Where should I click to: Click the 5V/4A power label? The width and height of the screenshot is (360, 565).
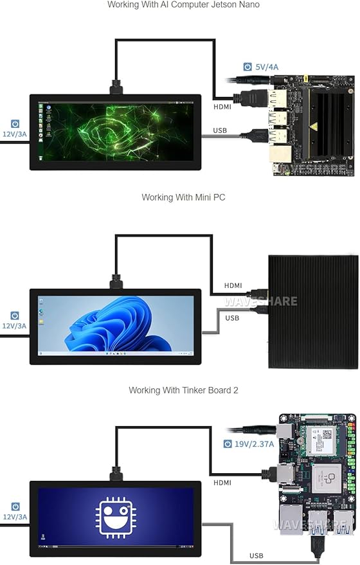click(x=267, y=67)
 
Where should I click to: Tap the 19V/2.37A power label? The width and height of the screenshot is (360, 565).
click(x=254, y=444)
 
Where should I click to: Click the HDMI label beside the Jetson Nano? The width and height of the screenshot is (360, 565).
click(x=222, y=107)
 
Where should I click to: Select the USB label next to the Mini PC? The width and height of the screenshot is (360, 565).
click(x=232, y=318)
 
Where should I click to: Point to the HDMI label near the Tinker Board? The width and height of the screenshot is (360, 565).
click(x=222, y=483)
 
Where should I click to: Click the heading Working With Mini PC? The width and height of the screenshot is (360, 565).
click(x=183, y=197)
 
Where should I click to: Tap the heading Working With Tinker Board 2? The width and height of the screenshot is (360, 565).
click(x=183, y=390)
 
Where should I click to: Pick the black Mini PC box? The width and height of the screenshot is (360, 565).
click(x=313, y=312)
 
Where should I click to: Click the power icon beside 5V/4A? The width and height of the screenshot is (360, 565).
click(x=248, y=67)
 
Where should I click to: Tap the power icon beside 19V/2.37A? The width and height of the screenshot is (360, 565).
click(x=228, y=444)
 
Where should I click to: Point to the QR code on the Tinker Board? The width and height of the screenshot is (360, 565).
click(x=327, y=435)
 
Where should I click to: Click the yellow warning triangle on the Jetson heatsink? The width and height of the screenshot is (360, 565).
click(x=314, y=127)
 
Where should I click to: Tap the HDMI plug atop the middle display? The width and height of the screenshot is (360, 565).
click(x=116, y=281)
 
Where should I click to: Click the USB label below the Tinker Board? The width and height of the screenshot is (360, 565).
click(x=256, y=555)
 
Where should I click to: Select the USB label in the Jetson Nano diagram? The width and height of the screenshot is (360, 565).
click(x=220, y=130)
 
